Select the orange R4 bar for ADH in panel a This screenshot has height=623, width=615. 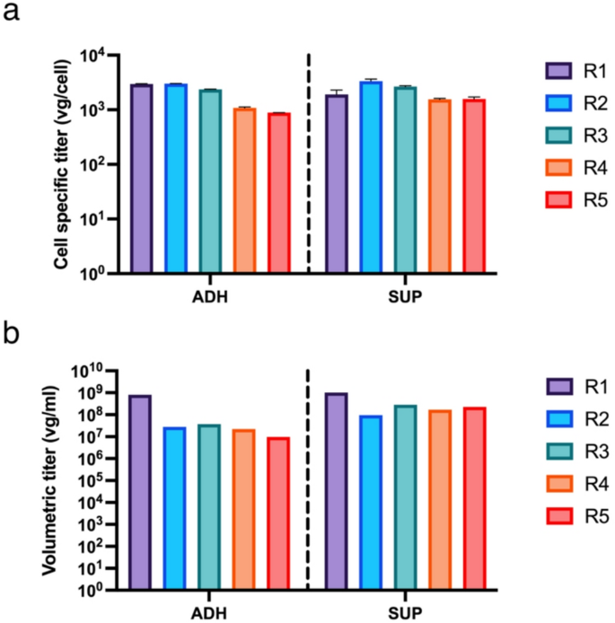pos(244,189)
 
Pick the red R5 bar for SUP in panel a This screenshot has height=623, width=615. pos(474,185)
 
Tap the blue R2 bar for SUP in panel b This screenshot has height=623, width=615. pos(371,503)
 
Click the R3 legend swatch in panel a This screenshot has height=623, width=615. pos(559,136)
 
